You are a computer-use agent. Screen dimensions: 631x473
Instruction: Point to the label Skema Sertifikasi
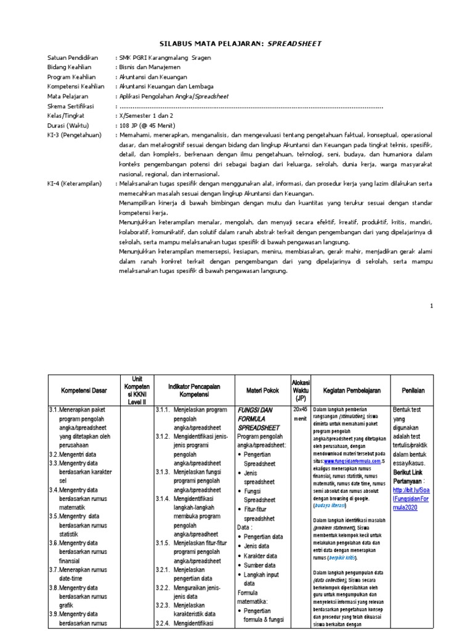tap(72, 106)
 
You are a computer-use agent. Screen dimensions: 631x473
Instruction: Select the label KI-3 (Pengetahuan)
tap(74, 134)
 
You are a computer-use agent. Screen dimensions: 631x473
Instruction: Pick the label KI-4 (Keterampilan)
tap(75, 184)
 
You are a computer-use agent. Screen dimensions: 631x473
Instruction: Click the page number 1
tap(432, 306)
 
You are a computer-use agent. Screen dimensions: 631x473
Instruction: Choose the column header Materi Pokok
tap(263, 391)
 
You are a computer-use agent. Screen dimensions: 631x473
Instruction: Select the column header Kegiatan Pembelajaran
tap(351, 391)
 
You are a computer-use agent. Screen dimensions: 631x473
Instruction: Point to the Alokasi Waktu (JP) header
tap(301, 390)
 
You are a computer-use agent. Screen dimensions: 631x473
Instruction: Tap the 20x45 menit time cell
tap(301, 414)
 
